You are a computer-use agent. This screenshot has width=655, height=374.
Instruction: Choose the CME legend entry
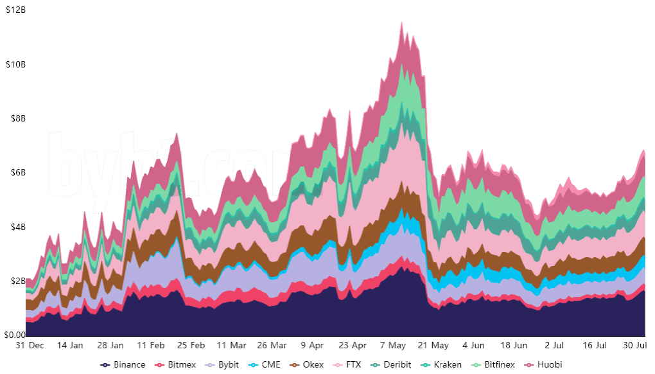coord(266,365)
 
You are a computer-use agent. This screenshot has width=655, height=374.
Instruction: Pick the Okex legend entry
coord(307,365)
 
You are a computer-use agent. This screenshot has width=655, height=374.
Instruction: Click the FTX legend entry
coord(349,365)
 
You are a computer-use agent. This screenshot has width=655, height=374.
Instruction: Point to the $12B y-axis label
coord(15,10)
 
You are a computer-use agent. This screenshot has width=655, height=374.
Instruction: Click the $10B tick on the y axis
coord(15,64)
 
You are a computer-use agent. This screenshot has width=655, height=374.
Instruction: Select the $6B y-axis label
coord(15,173)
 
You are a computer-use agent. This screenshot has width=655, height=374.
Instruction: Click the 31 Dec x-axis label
coord(29,345)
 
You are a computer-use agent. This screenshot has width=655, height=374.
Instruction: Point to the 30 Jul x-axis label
coord(636,345)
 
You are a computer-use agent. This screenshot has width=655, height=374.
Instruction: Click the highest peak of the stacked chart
coord(402,21)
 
